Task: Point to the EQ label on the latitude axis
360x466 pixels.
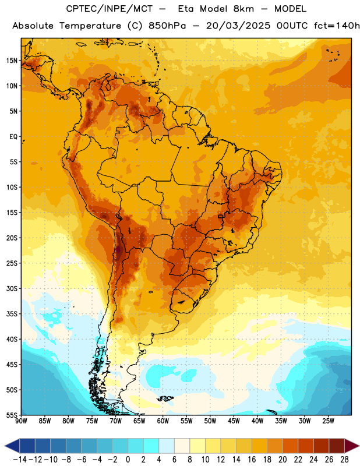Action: coord(13,137)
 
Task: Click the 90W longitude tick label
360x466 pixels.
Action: coord(21,421)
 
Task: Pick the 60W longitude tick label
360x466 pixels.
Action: coord(163,421)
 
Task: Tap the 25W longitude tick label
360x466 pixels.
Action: coord(329,421)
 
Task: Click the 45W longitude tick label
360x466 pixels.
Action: coord(234,421)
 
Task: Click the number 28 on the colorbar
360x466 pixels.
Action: coord(344,460)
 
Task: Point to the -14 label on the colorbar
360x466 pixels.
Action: coord(20,460)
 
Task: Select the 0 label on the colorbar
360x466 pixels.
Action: coord(128,460)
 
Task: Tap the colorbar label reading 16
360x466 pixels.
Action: coord(252,460)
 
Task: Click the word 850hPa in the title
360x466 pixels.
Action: coord(167,26)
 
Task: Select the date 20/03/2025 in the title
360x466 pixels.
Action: coord(238,26)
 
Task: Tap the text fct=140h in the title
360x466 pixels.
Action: coord(337,26)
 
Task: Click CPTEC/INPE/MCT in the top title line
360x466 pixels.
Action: coord(110,9)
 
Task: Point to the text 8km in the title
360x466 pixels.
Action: coord(243,9)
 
